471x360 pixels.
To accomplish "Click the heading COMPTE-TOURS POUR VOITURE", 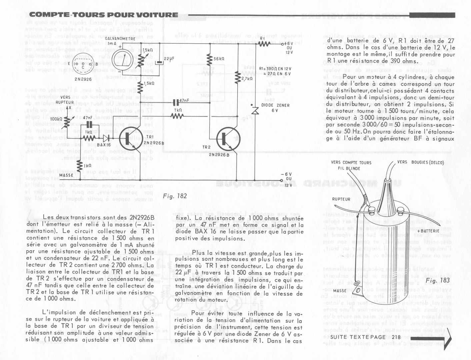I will pyautogui.click(x=104, y=15).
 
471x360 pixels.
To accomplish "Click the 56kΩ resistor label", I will pyautogui.click(x=219, y=58).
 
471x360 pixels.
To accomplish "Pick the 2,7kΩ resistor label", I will pyautogui.click(x=247, y=79).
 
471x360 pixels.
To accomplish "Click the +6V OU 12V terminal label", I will pyautogui.click(x=287, y=48).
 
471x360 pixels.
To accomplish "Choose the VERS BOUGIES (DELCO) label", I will pyautogui.click(x=420, y=162).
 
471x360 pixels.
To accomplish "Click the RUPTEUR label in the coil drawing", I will pyautogui.click(x=341, y=199).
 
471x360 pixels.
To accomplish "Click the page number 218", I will pyautogui.click(x=396, y=337).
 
